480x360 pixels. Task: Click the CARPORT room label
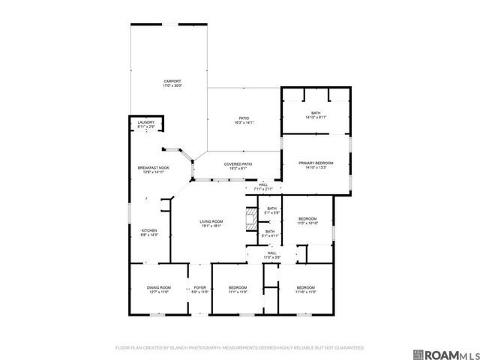click(x=172, y=82)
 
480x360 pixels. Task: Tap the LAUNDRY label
click(x=145, y=122)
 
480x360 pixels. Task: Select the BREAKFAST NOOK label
click(x=152, y=167)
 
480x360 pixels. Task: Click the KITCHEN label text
click(x=150, y=230)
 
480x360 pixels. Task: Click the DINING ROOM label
click(x=158, y=288)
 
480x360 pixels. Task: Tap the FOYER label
click(x=199, y=288)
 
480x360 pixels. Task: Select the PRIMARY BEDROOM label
click(x=316, y=163)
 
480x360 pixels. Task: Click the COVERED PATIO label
click(x=238, y=163)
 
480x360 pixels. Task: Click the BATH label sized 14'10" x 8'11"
click(x=316, y=113)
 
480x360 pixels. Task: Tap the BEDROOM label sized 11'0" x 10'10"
click(x=307, y=218)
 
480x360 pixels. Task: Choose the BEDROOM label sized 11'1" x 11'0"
click(x=238, y=288)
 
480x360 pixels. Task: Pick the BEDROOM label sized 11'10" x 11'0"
click(x=305, y=288)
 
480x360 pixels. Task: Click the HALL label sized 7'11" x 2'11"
click(x=263, y=184)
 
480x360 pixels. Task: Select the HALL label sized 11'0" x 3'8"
click(x=272, y=253)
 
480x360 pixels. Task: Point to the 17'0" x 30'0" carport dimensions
click(x=172, y=86)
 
